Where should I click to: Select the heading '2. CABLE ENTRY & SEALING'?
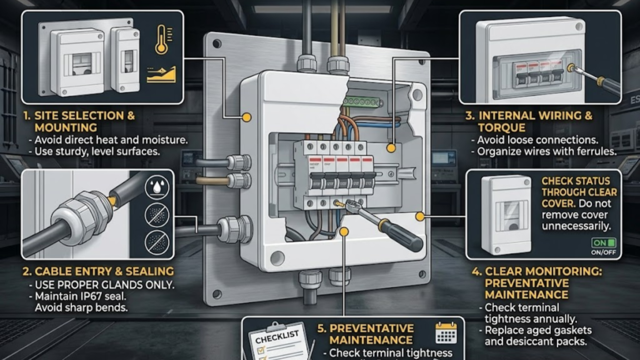tap(97, 271)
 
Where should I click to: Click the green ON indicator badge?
tap(602, 242)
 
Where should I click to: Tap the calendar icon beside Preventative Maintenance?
tap(446, 333)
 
